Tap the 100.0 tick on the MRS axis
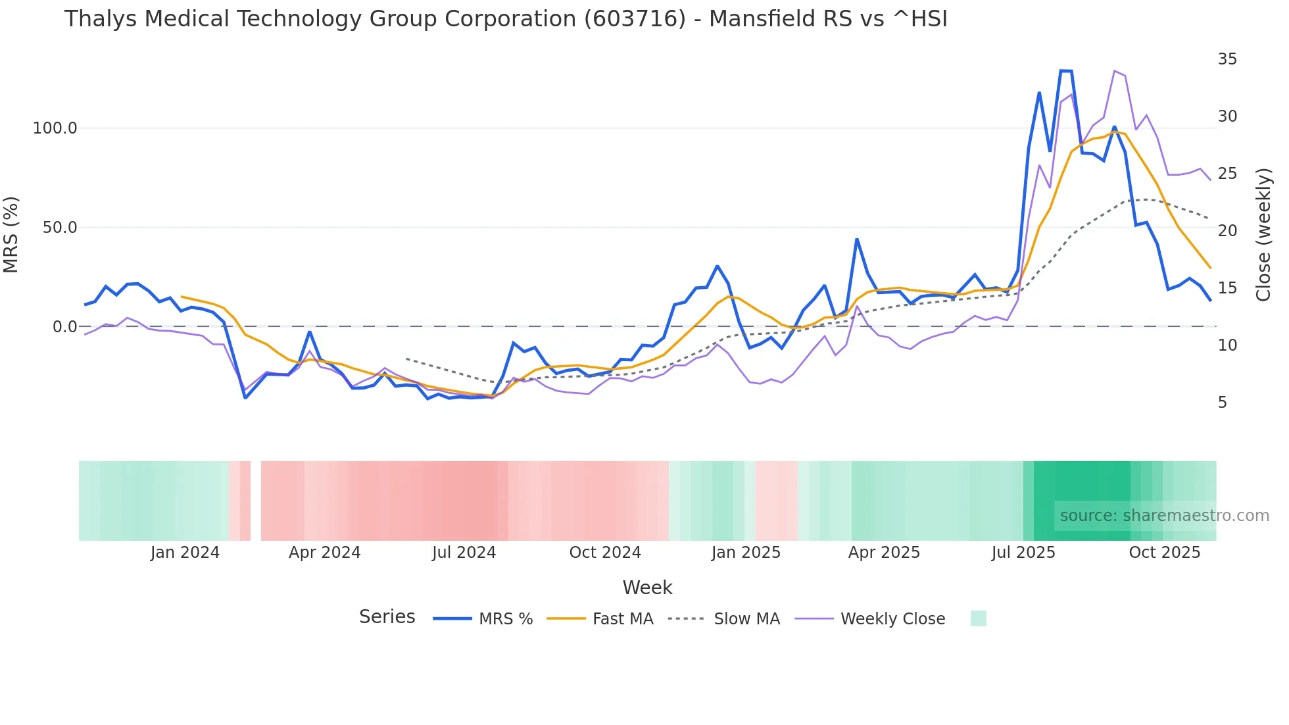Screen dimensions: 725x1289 point(55,128)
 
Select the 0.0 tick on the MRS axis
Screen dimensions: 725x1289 point(64,327)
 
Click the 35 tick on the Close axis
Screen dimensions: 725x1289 point(1227,59)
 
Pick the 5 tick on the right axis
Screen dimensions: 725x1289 point(1222,403)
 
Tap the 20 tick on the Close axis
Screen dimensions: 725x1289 point(1227,231)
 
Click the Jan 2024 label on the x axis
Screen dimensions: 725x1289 point(185,553)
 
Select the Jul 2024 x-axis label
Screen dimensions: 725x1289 point(464,553)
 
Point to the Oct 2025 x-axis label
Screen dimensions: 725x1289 point(1164,553)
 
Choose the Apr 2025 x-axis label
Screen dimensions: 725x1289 point(884,553)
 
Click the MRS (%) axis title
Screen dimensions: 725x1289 point(11,234)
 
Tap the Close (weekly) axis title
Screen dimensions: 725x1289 point(1263,235)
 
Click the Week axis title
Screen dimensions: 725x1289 point(647,587)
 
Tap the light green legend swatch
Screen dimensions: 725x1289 point(978,618)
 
